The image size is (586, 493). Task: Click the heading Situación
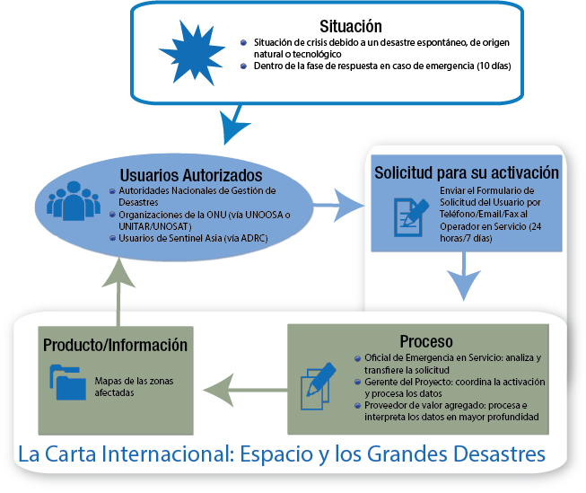click(x=351, y=26)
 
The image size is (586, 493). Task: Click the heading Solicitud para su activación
click(x=466, y=172)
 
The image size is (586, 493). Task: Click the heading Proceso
click(x=426, y=341)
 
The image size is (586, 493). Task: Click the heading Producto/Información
click(x=116, y=345)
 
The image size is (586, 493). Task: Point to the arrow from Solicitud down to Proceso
click(x=463, y=275)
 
